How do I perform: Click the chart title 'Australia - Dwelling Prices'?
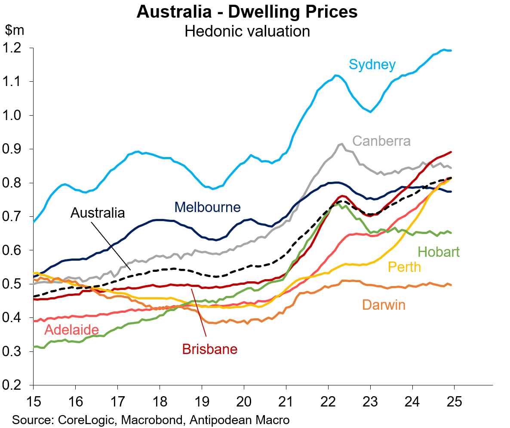(247, 12)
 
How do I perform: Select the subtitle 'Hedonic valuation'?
(247, 31)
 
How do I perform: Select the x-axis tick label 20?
(244, 402)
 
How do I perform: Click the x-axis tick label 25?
(455, 402)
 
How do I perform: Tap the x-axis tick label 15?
(33, 402)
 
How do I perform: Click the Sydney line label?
(372, 65)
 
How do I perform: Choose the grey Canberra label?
(381, 141)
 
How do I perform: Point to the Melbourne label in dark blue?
(207, 207)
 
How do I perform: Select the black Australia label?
(98, 212)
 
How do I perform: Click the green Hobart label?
(438, 252)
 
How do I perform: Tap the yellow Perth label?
(404, 267)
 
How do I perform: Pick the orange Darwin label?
(384, 305)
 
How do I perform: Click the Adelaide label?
(72, 330)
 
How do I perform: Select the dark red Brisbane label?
(210, 349)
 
